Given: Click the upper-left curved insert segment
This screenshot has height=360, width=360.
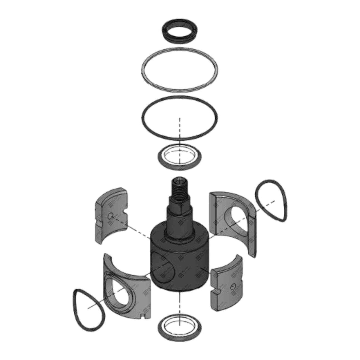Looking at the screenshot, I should (110, 216).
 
